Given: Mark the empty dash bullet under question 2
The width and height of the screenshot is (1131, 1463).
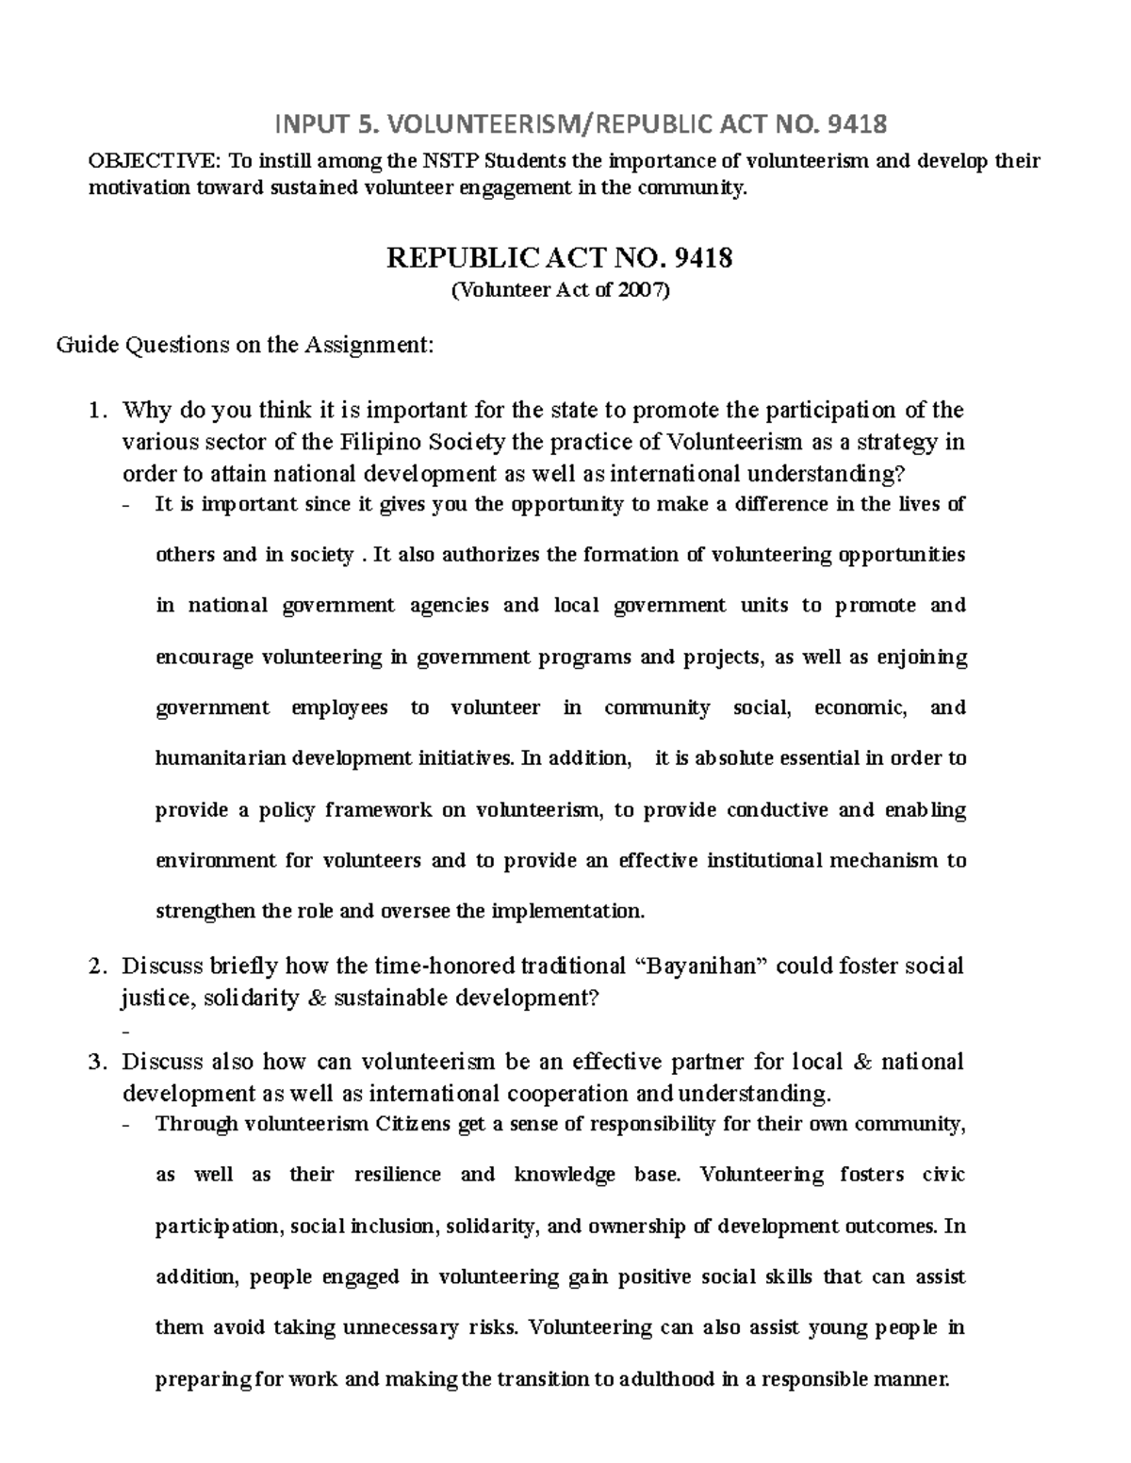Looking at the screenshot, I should pyautogui.click(x=126, y=1031).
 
